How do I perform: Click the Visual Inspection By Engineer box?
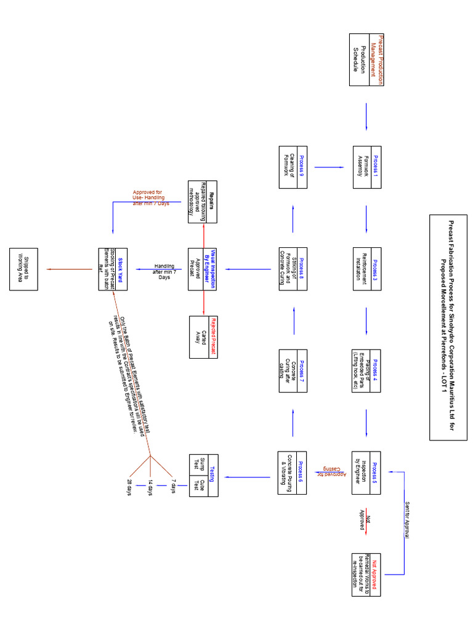[204, 269]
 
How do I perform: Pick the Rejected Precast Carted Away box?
[204, 337]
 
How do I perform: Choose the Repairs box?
[204, 201]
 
